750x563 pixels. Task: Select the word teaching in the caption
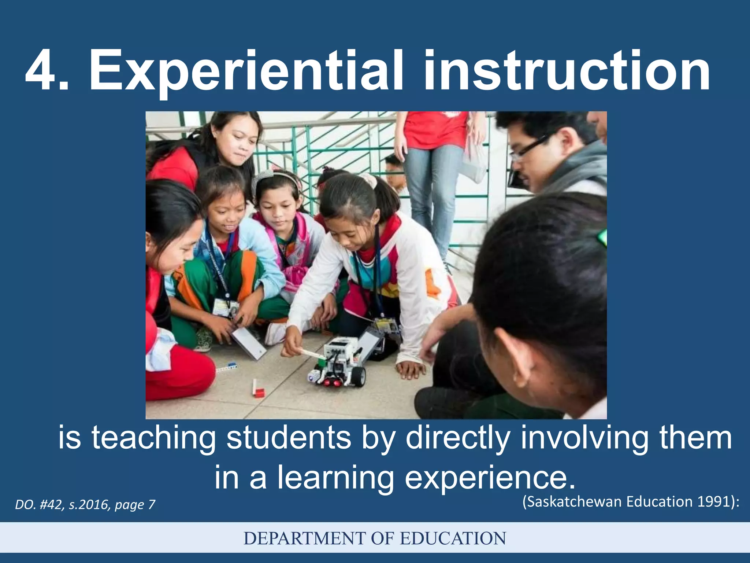click(x=153, y=438)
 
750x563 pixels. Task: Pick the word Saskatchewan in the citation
click(x=575, y=501)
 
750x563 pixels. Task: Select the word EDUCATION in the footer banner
click(x=453, y=538)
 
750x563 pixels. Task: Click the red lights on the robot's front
click(x=331, y=383)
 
